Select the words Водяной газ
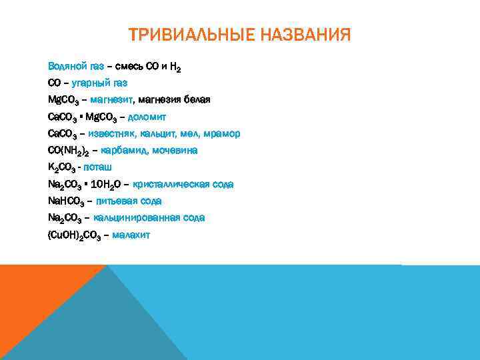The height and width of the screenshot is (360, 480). [x=75, y=67]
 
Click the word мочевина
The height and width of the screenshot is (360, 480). [x=175, y=151]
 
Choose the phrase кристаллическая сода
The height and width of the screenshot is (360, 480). [x=183, y=184]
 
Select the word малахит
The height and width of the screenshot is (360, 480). [x=131, y=235]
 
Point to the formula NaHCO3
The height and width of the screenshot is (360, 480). [x=65, y=201]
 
